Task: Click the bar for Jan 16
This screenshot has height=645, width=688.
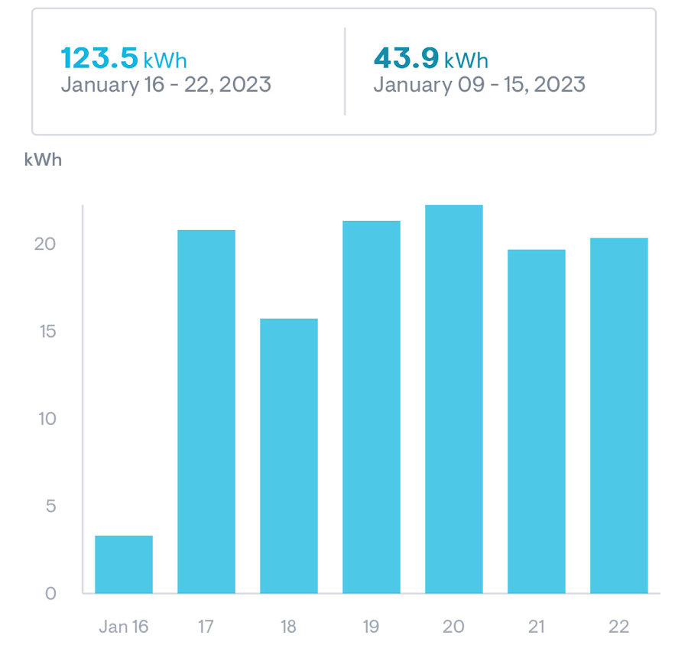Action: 124,564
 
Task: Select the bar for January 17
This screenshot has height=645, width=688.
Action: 206,412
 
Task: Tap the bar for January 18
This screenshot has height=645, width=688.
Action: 289,456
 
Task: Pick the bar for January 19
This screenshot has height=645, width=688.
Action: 372,407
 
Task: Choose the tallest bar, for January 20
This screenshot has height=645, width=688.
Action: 453,399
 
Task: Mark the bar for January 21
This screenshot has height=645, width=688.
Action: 536,422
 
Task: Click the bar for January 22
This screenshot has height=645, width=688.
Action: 618,416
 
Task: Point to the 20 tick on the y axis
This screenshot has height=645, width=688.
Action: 45,244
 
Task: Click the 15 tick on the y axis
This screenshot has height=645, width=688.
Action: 47,331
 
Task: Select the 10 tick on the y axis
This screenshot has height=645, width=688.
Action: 47,419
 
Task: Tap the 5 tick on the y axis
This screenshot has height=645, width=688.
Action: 51,506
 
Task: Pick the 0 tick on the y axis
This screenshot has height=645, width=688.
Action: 50,594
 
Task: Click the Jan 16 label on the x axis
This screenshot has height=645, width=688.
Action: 124,627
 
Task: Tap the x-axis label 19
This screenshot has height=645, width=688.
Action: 371,627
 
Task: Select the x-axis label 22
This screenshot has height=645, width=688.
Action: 618,627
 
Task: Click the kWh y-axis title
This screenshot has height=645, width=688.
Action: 43,160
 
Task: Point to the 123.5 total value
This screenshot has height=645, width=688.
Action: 99,58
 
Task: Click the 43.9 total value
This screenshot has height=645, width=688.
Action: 407,58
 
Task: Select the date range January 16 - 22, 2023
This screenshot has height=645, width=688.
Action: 166,84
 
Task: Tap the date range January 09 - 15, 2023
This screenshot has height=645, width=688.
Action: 479,84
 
